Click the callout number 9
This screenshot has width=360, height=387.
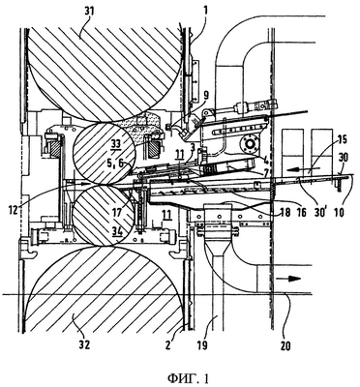point(206,95)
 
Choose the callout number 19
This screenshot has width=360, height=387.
point(202,345)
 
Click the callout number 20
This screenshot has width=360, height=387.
point(285,346)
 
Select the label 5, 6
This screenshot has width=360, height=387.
point(115,164)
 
